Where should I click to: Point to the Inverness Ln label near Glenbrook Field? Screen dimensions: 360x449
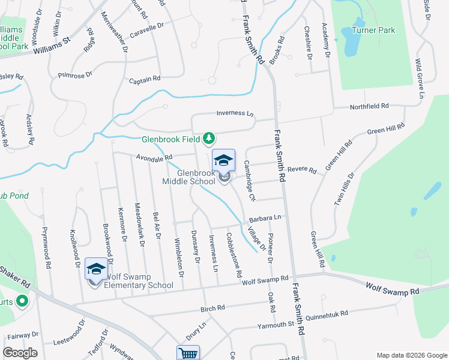(x=235, y=113)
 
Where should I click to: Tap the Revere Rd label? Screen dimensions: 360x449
(x=301, y=170)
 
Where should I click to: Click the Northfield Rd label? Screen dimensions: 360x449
(x=369, y=106)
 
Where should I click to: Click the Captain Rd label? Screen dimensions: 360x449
(x=145, y=79)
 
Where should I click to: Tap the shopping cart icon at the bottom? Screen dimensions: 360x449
(x=188, y=354)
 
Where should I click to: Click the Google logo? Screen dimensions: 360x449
(x=20, y=353)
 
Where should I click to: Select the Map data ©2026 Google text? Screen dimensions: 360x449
(x=411, y=355)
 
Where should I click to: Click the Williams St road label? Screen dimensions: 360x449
(x=52, y=46)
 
